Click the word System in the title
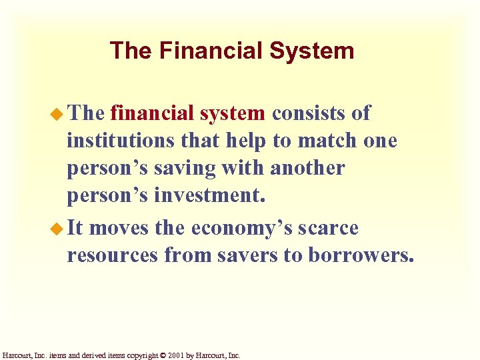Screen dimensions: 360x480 pos(314,51)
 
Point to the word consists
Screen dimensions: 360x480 pos(311,114)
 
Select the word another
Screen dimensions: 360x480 pos(307,169)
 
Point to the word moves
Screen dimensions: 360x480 pos(118,229)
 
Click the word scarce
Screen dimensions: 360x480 pos(328,229)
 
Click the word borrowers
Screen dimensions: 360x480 pos(361,256)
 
